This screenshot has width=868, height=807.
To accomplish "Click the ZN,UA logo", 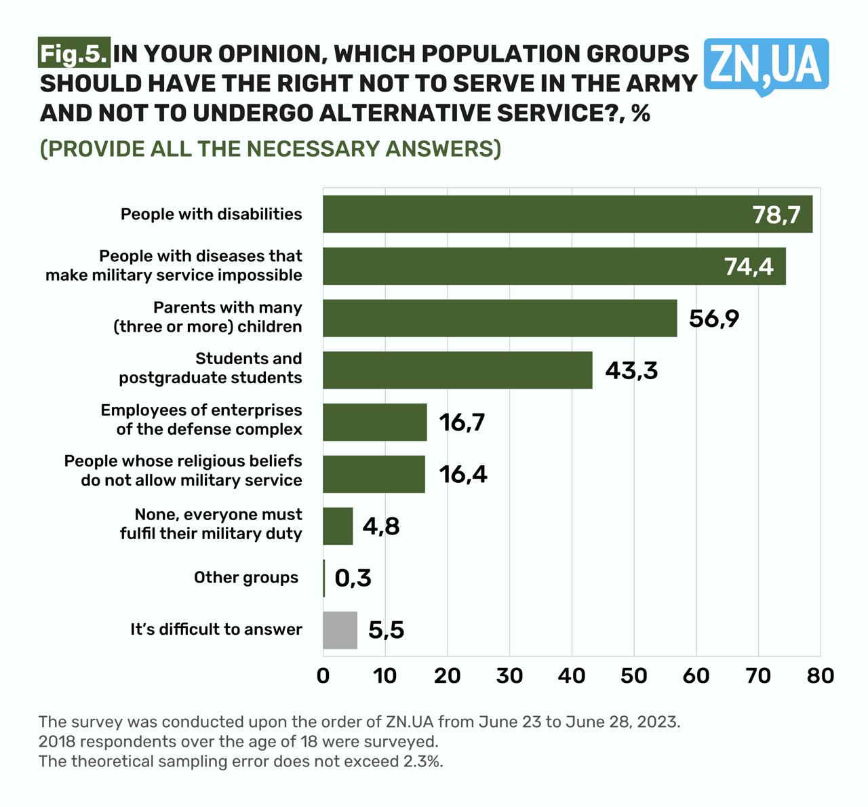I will pyautogui.click(x=766, y=66).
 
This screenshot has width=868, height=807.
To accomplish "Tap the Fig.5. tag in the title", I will pyautogui.click(x=73, y=54).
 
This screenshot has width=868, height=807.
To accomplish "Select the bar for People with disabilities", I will pyautogui.click(x=567, y=214).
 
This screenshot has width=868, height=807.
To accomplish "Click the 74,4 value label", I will pyautogui.click(x=749, y=267).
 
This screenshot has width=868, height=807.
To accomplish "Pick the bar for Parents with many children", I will pyautogui.click(x=499, y=318).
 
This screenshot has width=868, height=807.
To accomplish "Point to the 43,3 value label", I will pyautogui.click(x=631, y=370).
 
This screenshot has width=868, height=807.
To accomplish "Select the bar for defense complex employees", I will pyautogui.click(x=374, y=422).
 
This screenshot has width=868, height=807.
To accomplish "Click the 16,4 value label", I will pyautogui.click(x=463, y=474).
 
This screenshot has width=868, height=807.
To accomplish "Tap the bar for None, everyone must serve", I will pyautogui.click(x=338, y=526).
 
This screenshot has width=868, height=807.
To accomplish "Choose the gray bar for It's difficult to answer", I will pyautogui.click(x=340, y=630).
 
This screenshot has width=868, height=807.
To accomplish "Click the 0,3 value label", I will pyautogui.click(x=353, y=578).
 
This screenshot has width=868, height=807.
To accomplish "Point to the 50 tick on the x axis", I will pyautogui.click(x=634, y=675).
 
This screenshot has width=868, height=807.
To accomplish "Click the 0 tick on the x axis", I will pyautogui.click(x=323, y=675).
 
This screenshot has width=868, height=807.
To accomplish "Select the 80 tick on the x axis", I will pyautogui.click(x=821, y=675).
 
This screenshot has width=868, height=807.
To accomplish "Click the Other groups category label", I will pyautogui.click(x=246, y=578).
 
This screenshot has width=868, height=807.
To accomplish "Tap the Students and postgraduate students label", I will pyautogui.click(x=211, y=368).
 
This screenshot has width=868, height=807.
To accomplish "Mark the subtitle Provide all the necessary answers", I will pyautogui.click(x=271, y=149).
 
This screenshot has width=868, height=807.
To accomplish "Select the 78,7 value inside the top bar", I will pyautogui.click(x=776, y=215).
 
